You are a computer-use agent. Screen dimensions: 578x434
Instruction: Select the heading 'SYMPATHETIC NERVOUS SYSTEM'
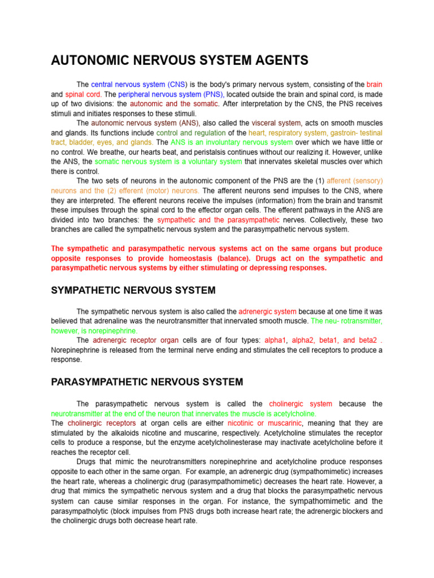133,290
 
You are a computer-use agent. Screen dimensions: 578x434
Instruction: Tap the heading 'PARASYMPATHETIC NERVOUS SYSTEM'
147,382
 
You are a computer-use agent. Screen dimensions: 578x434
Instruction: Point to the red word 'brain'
374,85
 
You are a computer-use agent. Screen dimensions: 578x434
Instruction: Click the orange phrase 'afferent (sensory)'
354,181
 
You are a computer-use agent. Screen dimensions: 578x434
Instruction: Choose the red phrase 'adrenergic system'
267,311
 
